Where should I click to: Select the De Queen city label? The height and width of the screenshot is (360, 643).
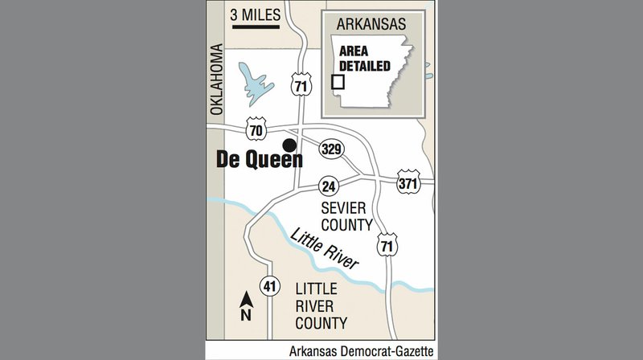click(x=260, y=159)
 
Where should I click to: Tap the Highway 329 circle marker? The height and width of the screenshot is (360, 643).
click(x=332, y=148)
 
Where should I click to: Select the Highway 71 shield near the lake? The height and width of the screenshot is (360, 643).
click(x=301, y=85)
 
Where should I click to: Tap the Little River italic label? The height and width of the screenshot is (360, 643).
click(x=325, y=249)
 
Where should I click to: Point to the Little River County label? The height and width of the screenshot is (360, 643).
click(x=321, y=306)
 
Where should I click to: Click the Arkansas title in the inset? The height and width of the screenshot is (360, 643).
click(x=372, y=23)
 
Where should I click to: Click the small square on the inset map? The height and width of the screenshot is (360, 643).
click(x=338, y=82)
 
